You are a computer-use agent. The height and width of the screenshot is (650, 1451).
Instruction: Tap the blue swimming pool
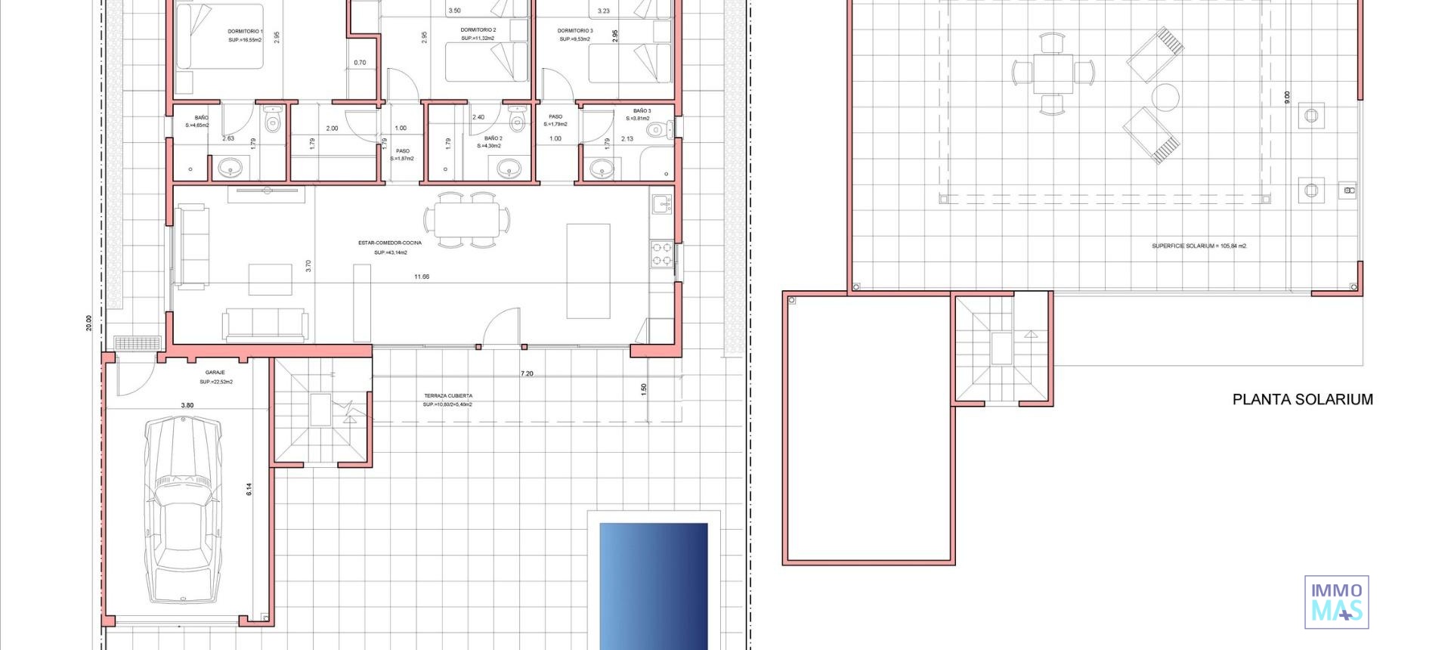[654, 586]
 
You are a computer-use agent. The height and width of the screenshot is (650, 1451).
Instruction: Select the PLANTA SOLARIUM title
[1302, 400]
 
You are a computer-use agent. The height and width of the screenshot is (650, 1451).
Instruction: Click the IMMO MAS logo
[1336, 602]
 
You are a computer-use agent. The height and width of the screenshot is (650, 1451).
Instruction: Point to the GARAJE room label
[215, 373]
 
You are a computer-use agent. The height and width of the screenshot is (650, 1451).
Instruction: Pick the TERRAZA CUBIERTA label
[448, 396]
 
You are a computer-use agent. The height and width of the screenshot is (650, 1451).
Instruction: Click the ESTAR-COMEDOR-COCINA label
[390, 243]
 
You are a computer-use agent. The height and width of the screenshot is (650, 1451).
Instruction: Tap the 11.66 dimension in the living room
[422, 277]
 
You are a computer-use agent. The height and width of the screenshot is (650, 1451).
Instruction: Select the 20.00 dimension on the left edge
[89, 323]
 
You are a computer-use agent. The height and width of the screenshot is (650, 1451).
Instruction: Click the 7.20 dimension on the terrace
[527, 374]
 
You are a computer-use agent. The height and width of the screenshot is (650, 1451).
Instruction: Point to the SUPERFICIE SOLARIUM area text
[1199, 246]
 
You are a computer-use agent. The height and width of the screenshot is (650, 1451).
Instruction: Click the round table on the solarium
[1165, 97]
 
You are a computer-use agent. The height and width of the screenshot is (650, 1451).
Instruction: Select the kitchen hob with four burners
[662, 254]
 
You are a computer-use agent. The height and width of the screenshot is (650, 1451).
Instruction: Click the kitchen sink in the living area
[662, 203]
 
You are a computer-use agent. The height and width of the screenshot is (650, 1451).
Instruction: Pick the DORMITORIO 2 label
[478, 30]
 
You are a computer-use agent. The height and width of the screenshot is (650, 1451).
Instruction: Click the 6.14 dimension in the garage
[249, 489]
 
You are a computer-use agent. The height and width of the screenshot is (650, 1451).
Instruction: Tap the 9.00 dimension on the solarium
[1287, 97]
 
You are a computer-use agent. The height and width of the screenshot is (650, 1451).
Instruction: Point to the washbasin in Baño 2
[508, 169]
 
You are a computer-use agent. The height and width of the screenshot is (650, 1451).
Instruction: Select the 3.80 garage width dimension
[187, 406]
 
